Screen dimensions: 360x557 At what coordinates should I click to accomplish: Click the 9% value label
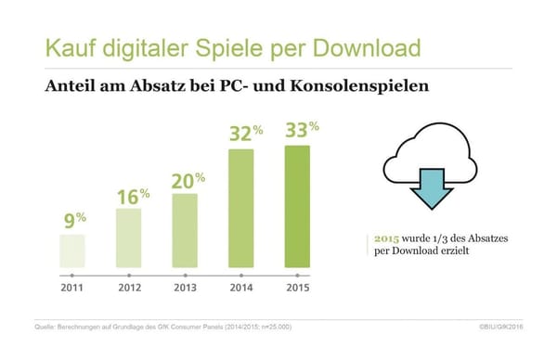point(73,222)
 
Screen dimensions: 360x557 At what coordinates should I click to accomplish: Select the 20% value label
point(188,180)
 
